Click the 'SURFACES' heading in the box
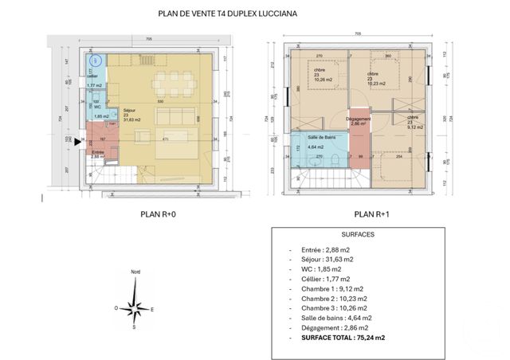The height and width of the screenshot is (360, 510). pos(357,237)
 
